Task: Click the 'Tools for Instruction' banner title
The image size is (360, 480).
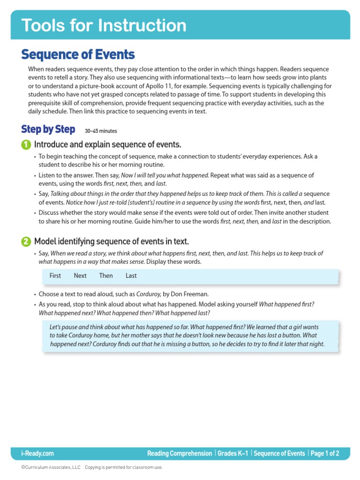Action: point(104,25)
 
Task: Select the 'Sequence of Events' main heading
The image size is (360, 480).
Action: point(78,55)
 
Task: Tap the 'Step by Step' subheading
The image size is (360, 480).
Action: point(48,129)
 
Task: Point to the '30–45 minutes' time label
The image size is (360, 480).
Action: point(101,131)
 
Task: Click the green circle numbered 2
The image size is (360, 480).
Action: point(26,242)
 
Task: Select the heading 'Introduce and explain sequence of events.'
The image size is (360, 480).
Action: point(107,144)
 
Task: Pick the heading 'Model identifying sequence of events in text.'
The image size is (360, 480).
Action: point(112,242)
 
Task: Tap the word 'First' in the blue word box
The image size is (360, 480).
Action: point(55,276)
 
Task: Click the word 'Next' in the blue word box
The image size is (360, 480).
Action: point(80,276)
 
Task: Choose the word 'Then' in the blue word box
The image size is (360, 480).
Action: point(106,276)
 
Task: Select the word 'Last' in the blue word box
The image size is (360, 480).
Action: point(131,276)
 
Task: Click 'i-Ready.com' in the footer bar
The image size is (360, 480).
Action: point(37,453)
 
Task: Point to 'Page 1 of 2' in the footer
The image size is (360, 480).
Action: point(325,453)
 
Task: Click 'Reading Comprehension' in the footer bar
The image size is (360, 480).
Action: point(180,453)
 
